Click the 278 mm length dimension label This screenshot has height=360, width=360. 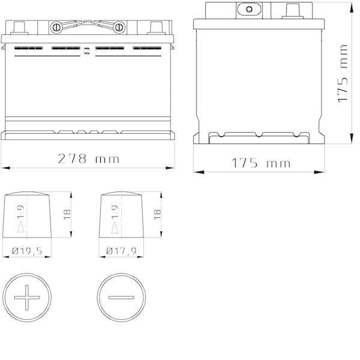pyautogui.click(x=88, y=158)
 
